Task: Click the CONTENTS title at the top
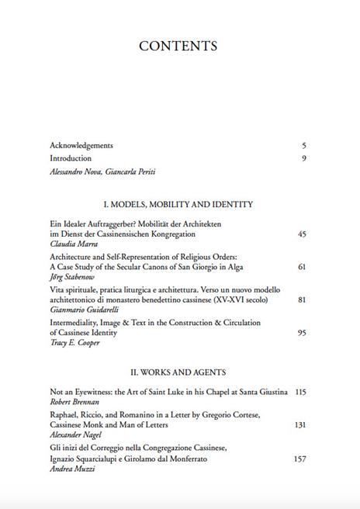178,46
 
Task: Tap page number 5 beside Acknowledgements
304,145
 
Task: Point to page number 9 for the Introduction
304,158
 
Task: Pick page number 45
302,234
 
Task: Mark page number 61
302,266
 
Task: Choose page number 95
302,333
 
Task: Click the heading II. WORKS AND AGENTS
178,372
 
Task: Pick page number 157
300,459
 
